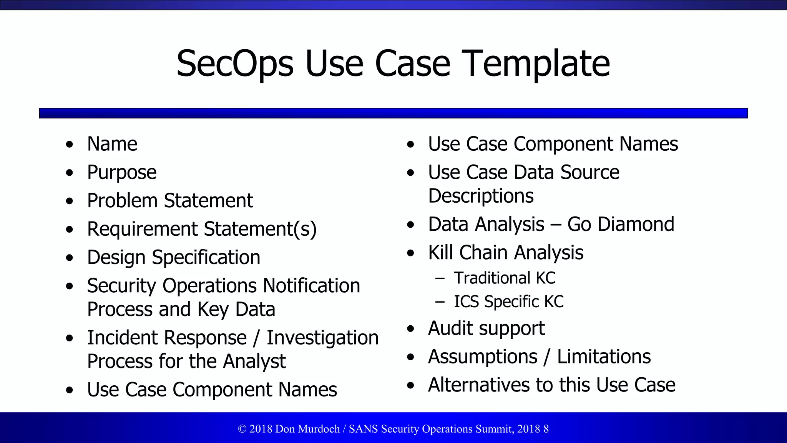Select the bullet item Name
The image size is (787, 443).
[112, 144]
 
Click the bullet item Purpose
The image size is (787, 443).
[122, 173]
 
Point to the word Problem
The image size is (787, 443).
[122, 201]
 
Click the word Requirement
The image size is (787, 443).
[143, 229]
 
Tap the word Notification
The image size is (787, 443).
[312, 286]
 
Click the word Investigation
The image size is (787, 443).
[323, 338]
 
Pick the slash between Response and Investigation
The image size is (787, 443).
[256, 338]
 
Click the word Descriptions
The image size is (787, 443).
[481, 196]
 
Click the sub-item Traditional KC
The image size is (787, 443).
[505, 278]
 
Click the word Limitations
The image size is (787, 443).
[604, 356]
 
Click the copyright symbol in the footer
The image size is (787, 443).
[242, 429]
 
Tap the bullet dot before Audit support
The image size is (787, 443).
[411, 329]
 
